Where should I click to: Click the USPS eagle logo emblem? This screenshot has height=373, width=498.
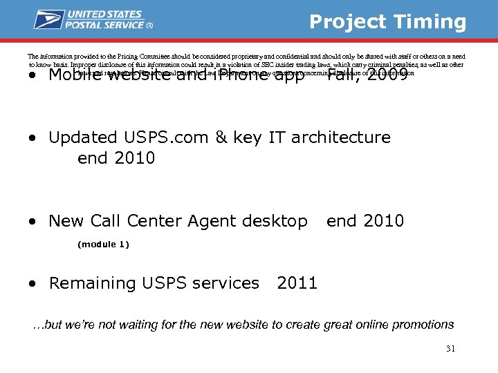(49, 19)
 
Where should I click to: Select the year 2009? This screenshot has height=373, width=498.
(383, 74)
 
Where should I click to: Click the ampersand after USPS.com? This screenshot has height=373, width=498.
(221, 137)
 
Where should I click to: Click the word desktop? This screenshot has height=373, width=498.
(275, 221)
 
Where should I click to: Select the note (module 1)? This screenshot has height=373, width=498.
(103, 245)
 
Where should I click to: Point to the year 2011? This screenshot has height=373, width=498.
(297, 283)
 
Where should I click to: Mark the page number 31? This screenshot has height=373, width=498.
(450, 348)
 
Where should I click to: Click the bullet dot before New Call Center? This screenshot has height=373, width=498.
(34, 222)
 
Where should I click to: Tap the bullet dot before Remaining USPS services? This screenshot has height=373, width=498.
(34, 284)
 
